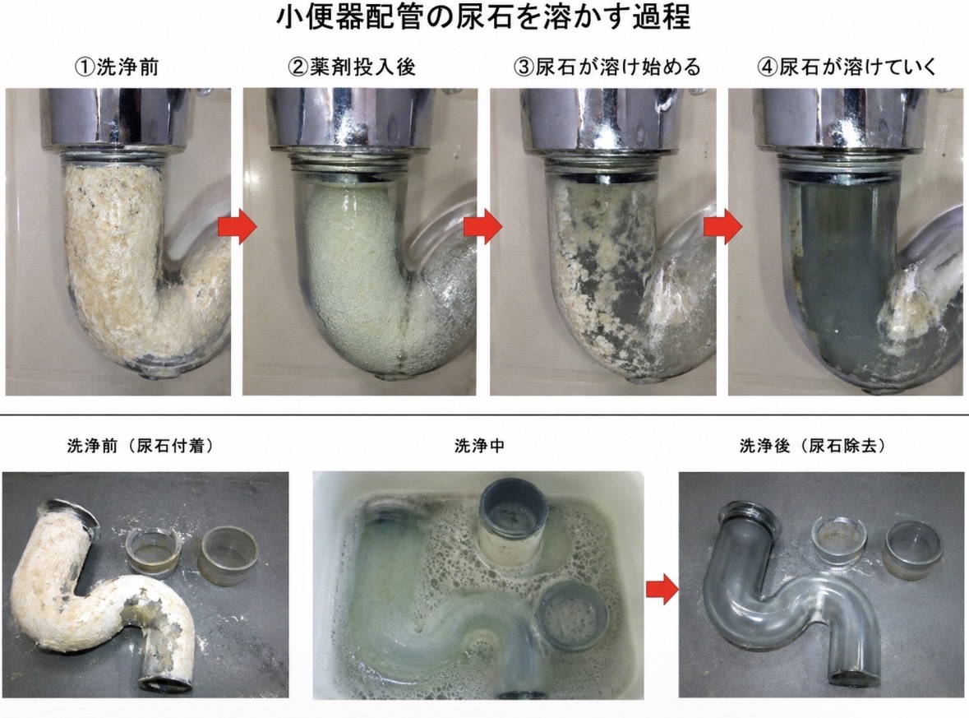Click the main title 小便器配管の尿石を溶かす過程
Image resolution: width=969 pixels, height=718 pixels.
point(483,18)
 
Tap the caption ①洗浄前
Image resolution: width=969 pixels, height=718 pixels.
point(116,67)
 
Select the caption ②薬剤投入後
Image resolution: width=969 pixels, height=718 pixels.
point(352,67)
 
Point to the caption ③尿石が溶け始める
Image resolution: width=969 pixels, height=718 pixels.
point(607,67)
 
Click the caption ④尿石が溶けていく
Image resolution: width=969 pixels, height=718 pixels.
point(847,67)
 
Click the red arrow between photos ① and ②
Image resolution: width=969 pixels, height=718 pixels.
point(238,227)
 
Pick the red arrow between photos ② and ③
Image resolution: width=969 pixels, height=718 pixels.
point(482,227)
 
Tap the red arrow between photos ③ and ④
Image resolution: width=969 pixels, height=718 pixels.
point(723,227)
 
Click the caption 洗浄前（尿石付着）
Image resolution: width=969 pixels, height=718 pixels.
point(141,446)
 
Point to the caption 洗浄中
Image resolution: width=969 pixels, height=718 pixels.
point(479,446)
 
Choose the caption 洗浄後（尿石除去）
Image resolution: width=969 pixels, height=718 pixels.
point(812,446)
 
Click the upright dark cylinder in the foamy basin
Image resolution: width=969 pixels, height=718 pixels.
point(513,522)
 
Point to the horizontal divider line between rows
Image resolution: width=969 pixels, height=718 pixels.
point(485,415)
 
